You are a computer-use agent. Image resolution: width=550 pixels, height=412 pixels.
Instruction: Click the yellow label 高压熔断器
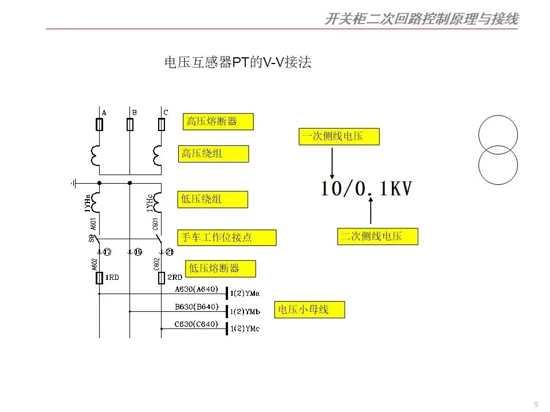pos(218,121)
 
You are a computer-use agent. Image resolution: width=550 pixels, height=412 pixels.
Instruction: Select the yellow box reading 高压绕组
pos(213,154)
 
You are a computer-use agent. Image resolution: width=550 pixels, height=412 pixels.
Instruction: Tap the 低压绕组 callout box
pos(213,200)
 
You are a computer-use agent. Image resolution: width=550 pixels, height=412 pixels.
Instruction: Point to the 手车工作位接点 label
pos(227,237)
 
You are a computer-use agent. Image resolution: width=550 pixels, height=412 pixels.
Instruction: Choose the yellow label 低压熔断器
pos(220,268)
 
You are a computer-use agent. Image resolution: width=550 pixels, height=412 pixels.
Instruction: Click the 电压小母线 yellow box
pos(309,310)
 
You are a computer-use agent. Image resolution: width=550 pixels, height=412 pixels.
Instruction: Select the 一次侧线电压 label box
pos(339,136)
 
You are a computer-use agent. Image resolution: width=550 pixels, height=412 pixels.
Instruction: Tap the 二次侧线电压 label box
pos(377,236)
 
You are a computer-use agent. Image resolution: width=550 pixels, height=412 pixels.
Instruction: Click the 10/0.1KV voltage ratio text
pos(366,189)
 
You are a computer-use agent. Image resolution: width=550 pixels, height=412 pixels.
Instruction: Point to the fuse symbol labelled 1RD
pos(100,278)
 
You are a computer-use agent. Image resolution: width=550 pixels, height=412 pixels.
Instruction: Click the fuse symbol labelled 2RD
pos(161,278)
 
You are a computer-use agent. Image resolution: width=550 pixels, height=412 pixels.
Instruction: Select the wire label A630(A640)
pos(197,289)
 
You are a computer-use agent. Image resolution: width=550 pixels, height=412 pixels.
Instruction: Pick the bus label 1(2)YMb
pos(245,312)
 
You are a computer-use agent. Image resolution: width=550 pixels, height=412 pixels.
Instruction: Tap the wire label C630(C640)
pos(197,324)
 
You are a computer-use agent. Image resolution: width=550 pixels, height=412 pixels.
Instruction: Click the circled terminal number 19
pos(137,251)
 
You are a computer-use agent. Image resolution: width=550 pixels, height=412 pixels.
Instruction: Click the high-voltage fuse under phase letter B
pos(130,125)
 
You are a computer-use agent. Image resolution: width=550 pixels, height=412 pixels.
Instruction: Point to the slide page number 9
pos(536,405)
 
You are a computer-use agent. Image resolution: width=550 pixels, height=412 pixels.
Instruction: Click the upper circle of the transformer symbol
pos(498,135)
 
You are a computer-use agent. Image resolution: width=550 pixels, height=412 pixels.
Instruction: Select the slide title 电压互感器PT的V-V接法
pos(238,63)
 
